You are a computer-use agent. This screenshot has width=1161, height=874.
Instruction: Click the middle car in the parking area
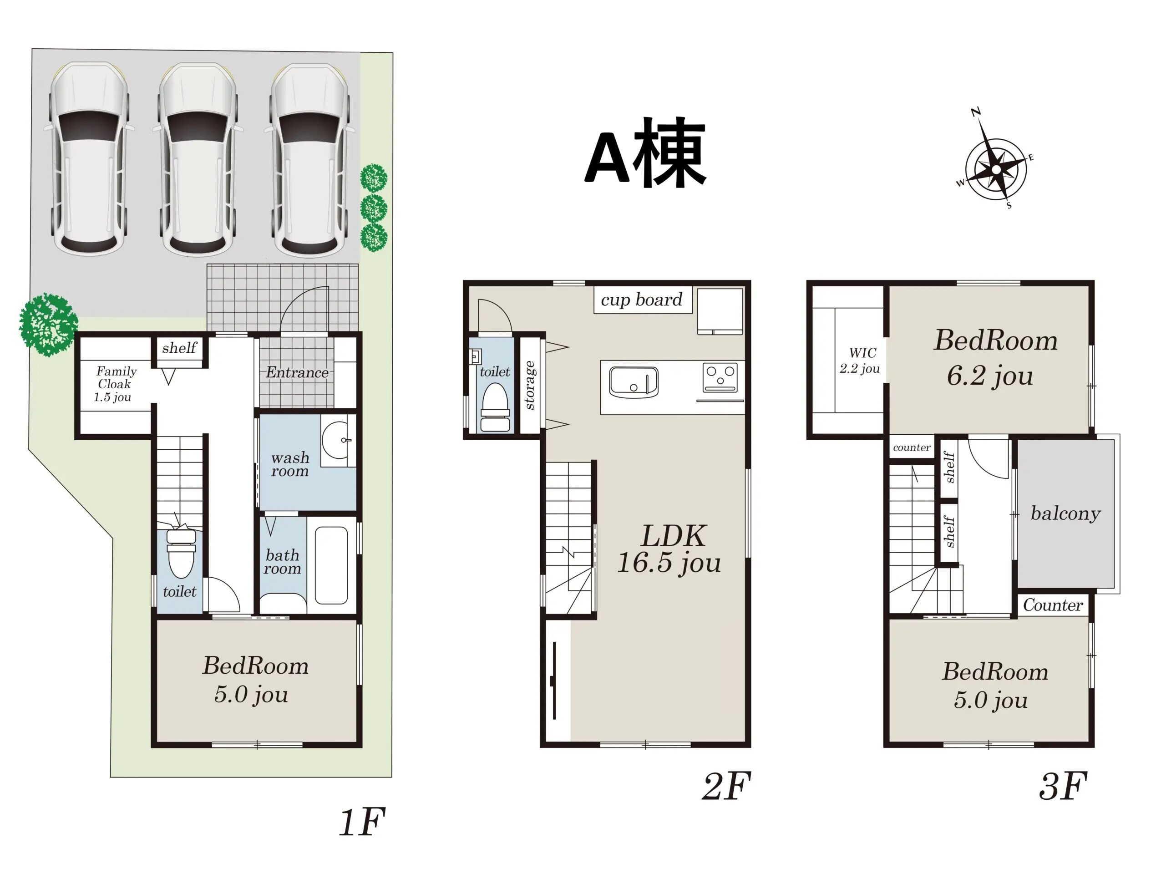198,160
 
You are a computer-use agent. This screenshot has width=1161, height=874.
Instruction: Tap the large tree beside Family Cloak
49,325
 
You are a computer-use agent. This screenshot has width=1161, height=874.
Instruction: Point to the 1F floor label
362,822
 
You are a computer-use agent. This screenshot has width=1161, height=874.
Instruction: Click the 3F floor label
1062,786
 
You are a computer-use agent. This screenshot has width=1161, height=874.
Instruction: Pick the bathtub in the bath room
331,565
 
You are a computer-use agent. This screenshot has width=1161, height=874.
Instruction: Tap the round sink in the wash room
335,440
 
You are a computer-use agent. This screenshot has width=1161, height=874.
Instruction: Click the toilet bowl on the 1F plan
181,554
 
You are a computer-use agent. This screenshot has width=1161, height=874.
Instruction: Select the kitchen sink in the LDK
634,382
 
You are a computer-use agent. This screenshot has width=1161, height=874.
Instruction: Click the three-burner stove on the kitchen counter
720,378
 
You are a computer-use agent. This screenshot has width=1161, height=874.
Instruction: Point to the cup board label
641,300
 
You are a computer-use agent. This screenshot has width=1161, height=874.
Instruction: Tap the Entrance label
297,372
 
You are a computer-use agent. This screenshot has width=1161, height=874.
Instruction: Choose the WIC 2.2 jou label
859,361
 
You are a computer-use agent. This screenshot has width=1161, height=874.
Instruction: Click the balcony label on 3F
1065,513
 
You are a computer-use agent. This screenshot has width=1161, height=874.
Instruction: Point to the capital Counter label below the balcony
1053,605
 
